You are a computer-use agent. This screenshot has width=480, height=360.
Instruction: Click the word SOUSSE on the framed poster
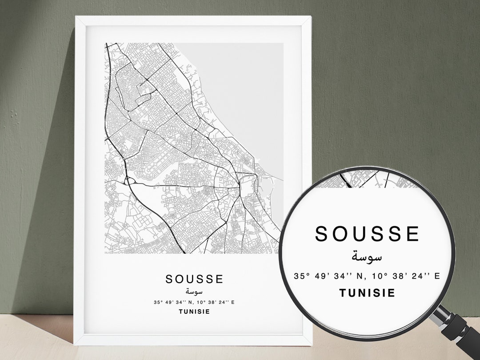click(194, 279)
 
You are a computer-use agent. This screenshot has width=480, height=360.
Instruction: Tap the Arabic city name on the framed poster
click(194, 292)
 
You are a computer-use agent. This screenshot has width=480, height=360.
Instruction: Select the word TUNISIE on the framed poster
click(194, 312)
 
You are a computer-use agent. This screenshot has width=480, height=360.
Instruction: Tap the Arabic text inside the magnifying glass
click(367, 256)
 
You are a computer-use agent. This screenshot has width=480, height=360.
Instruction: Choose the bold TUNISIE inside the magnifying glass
click(367, 293)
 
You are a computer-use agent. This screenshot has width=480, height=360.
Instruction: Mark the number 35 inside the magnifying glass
click(299, 276)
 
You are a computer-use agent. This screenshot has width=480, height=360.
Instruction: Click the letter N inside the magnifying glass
click(361, 276)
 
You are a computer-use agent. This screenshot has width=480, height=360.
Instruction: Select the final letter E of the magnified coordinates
click(437, 276)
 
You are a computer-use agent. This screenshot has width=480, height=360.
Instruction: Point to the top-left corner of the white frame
click(76, 17)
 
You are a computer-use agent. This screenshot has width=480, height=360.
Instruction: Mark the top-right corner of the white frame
click(311, 17)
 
